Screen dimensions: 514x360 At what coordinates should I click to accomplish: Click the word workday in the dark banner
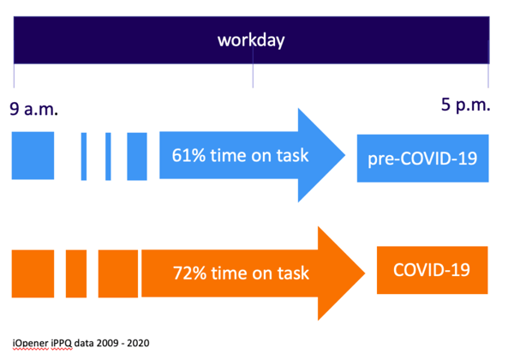click(x=251, y=40)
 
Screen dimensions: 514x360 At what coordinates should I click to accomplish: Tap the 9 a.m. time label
click(x=33, y=109)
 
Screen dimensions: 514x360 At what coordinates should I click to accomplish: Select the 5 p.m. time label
click(x=465, y=105)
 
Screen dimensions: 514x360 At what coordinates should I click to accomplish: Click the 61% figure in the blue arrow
click(x=188, y=155)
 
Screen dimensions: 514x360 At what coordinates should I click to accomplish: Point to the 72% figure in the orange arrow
click(x=189, y=273)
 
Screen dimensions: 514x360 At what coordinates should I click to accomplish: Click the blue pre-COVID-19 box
click(x=423, y=158)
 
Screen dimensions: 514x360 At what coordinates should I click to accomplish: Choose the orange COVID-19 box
click(x=433, y=270)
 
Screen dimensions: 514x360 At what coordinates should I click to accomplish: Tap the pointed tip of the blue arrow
click(x=345, y=155)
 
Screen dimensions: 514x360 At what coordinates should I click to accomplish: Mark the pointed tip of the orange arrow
click(x=365, y=273)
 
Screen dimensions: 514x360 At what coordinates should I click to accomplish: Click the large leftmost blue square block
click(x=33, y=155)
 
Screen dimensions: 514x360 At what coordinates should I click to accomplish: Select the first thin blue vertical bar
click(x=84, y=156)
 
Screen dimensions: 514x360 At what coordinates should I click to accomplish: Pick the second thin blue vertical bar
click(x=108, y=156)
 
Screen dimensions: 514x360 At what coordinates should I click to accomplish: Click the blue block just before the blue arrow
click(x=137, y=156)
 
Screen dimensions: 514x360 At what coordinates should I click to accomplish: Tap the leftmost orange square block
click(x=33, y=273)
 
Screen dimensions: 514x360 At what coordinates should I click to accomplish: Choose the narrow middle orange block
click(x=76, y=273)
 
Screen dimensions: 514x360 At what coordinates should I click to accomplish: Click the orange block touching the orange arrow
click(x=118, y=273)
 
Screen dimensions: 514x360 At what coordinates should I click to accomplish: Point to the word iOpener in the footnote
click(x=30, y=343)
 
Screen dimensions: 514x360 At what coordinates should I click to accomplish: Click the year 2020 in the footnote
click(x=138, y=343)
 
